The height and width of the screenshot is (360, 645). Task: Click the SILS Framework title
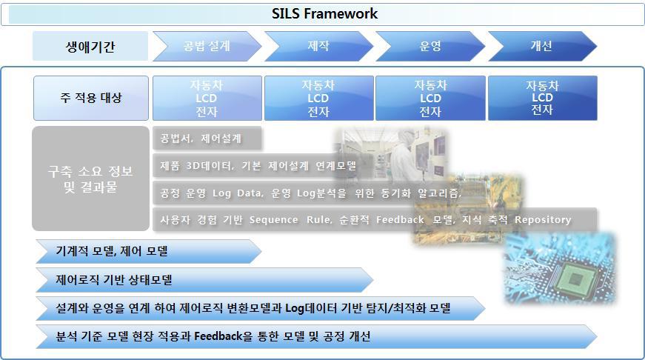click(324, 13)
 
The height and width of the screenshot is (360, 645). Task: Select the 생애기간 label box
click(90, 47)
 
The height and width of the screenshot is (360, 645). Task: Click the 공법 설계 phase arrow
click(207, 46)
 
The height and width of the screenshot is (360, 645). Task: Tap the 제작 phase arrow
click(318, 46)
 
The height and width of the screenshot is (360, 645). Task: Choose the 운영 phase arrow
click(430, 46)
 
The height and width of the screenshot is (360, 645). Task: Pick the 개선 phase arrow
click(541, 46)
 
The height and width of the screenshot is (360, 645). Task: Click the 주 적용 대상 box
click(90, 98)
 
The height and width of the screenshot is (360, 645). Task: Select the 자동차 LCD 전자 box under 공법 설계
click(207, 98)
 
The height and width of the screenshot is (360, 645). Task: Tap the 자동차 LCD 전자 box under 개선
click(542, 98)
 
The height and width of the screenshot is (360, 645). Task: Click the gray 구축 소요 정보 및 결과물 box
click(90, 179)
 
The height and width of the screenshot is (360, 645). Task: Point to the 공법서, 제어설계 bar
click(201, 139)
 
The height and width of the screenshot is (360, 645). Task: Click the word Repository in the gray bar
click(543, 219)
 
